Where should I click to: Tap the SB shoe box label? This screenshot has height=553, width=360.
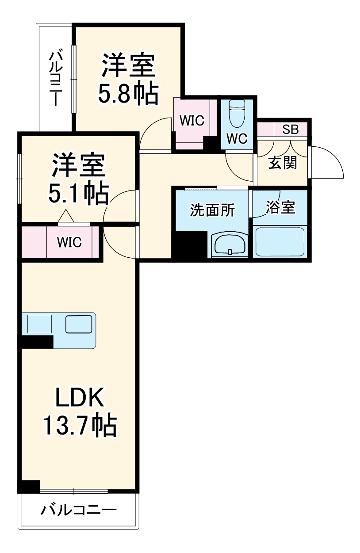(x=291, y=130)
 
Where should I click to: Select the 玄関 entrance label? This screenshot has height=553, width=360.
(x=283, y=163)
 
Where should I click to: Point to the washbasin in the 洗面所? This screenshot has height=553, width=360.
(x=230, y=245)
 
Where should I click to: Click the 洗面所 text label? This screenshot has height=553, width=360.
(x=212, y=210)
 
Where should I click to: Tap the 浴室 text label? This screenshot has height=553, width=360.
(x=280, y=207)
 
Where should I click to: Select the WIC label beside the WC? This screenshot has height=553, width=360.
(x=191, y=121)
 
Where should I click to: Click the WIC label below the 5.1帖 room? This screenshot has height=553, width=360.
(x=69, y=242)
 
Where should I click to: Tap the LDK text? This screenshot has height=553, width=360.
(x=80, y=398)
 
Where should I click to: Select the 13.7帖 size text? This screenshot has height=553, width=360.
(x=80, y=425)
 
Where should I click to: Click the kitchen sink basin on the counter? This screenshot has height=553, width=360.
(x=39, y=324)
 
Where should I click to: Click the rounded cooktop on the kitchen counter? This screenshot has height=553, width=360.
(x=78, y=324)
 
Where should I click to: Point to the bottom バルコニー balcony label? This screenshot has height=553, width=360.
(x=79, y=511)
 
